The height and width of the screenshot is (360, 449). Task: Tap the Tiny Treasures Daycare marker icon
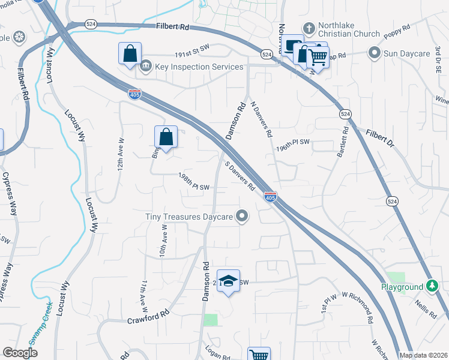[243, 216]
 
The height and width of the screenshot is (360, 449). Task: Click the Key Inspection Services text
[199, 67]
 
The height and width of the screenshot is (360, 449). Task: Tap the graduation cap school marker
[228, 281]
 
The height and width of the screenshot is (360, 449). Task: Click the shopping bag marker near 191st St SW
[130, 54]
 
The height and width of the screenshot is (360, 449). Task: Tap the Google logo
[20, 353]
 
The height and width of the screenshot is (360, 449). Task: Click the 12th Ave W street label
[121, 156]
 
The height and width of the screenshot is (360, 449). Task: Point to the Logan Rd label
[217, 355]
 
